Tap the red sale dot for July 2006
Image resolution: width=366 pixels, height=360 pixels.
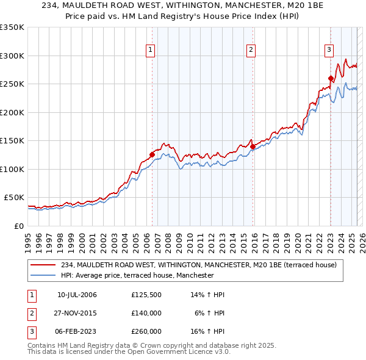(x=152, y=155)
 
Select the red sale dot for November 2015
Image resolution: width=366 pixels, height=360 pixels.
(x=253, y=146)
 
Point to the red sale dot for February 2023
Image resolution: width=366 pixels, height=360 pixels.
(x=331, y=78)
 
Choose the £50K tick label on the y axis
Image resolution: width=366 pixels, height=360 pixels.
(x=15, y=198)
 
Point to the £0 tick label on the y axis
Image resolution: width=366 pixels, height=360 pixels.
(x=19, y=226)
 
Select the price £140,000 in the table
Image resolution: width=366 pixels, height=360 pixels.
(x=146, y=313)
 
